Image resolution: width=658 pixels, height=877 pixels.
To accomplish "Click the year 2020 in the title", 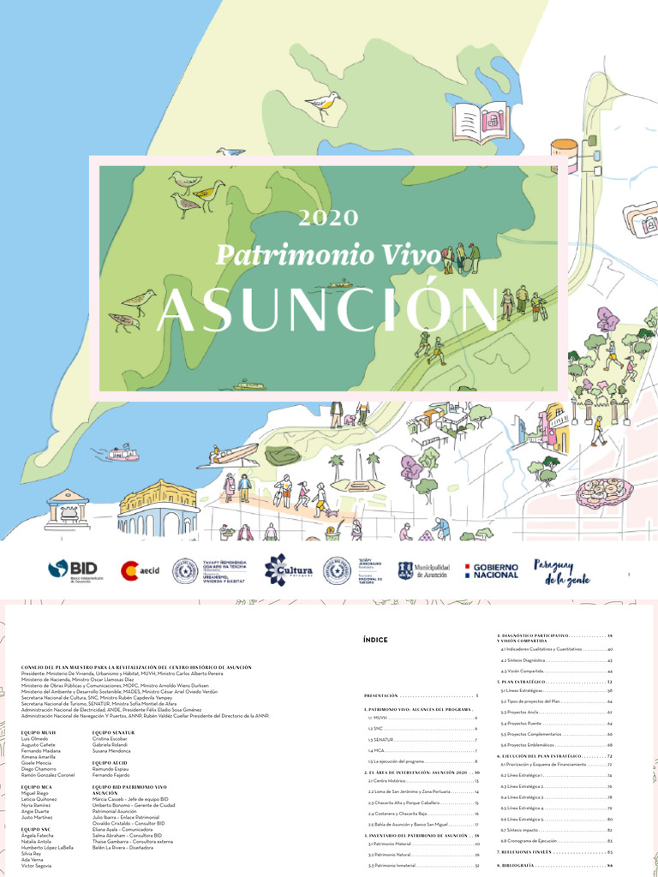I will (328, 219).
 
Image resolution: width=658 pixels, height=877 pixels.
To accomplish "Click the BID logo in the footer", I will (73, 570).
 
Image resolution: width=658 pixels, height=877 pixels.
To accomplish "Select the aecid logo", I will (141, 570).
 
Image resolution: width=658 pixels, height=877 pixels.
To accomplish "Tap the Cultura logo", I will (288, 570).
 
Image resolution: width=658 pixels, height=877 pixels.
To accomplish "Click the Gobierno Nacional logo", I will (490, 570).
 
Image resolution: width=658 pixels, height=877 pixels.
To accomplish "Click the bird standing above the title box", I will (324, 104).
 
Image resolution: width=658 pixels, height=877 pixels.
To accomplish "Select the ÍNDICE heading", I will (375, 640).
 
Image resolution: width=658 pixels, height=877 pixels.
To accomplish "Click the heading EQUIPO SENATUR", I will (113, 732).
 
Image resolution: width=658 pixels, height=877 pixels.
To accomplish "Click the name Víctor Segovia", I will (37, 866).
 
